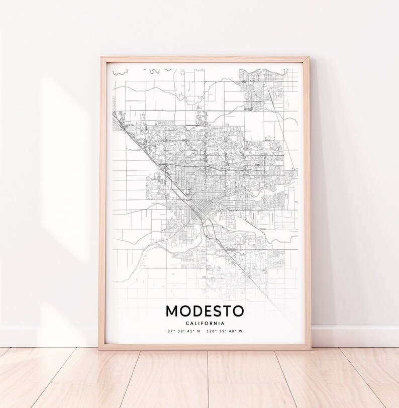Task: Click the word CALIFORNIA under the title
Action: [205, 323]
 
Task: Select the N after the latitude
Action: [198, 331]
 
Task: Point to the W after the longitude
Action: [240, 331]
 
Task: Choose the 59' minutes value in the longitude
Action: [223, 331]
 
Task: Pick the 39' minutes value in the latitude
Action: [181, 331]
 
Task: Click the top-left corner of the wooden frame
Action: [101, 58]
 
